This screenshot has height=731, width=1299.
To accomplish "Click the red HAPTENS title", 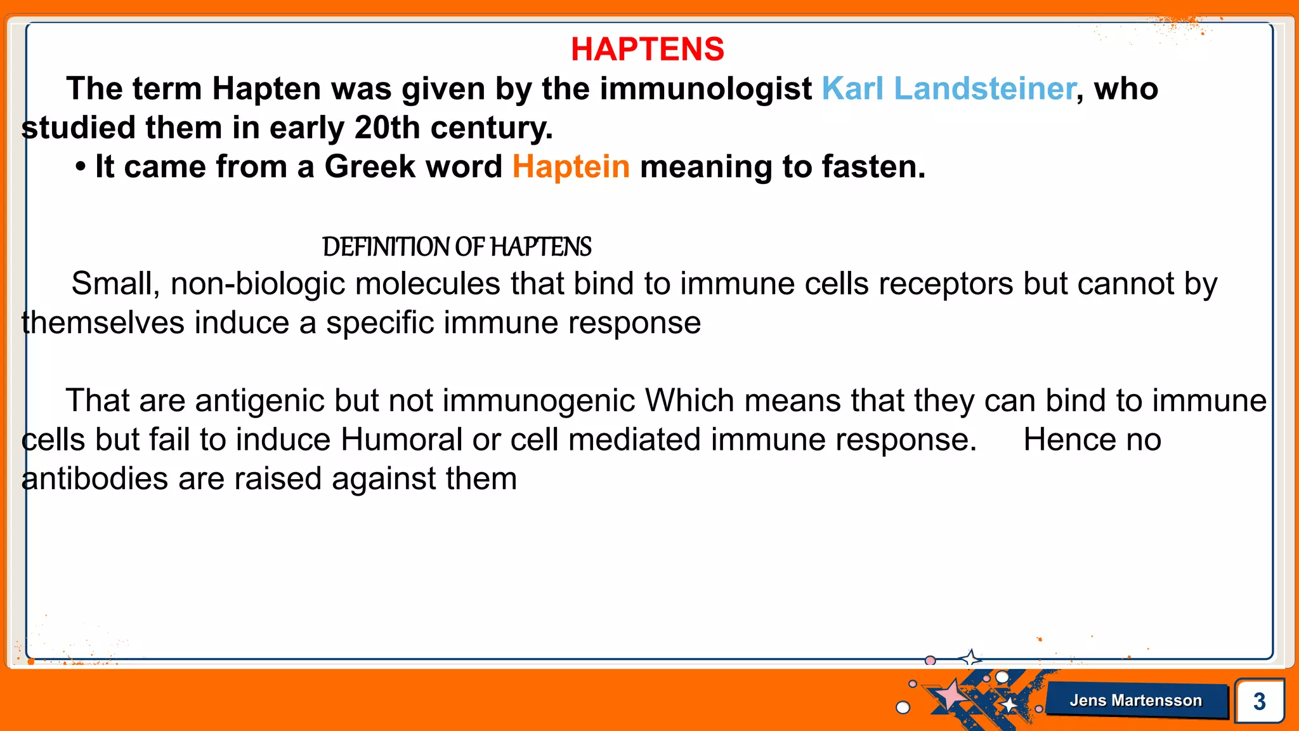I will pos(647,49).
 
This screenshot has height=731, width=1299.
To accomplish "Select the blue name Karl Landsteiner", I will pos(948,89).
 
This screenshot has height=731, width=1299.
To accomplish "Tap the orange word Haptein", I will pos(571,167).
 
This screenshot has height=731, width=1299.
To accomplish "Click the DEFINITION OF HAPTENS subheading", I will pos(457,247).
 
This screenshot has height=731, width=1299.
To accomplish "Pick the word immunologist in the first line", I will pos(705,89).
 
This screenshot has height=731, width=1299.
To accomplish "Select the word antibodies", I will pos(95,479).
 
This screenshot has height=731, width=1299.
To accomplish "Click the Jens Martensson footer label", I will pos(1135,701).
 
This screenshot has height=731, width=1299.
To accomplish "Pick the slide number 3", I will pos(1259,702).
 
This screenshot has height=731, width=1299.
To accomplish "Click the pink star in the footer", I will pos(950,695).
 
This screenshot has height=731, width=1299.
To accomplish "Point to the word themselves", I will pos(103,323).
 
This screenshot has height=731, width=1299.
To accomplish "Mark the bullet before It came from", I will pos(80,168).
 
